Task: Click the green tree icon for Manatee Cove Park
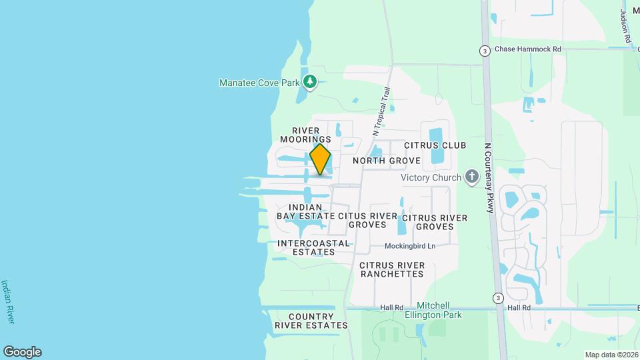309,83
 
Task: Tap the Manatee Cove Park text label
261,83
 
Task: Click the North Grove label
387,161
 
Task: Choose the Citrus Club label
435,145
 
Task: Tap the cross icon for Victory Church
472,177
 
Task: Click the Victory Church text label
431,178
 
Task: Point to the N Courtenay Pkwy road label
488,177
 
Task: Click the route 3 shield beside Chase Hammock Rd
485,51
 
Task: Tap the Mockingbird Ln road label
410,246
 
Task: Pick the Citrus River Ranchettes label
392,269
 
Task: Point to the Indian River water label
9,301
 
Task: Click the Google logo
22,351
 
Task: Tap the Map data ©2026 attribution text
610,355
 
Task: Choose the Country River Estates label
311,321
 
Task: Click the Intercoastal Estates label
314,247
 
